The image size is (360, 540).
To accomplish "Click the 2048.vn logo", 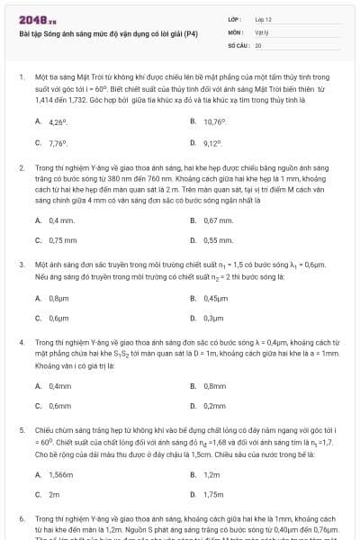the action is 36,20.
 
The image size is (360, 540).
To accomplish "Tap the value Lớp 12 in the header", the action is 264,19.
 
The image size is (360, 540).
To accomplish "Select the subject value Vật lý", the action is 262,31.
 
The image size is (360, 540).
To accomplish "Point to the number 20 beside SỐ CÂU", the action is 258,43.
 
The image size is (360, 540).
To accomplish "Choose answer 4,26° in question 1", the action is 58,122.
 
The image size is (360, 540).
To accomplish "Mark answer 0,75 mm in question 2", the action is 63,240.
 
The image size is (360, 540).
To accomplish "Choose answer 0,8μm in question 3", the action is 59,298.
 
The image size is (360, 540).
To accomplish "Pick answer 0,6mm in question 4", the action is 60,406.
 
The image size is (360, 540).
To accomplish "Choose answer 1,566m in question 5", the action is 62,474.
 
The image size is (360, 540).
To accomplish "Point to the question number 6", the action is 22,519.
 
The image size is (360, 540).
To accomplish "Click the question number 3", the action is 22,265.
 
